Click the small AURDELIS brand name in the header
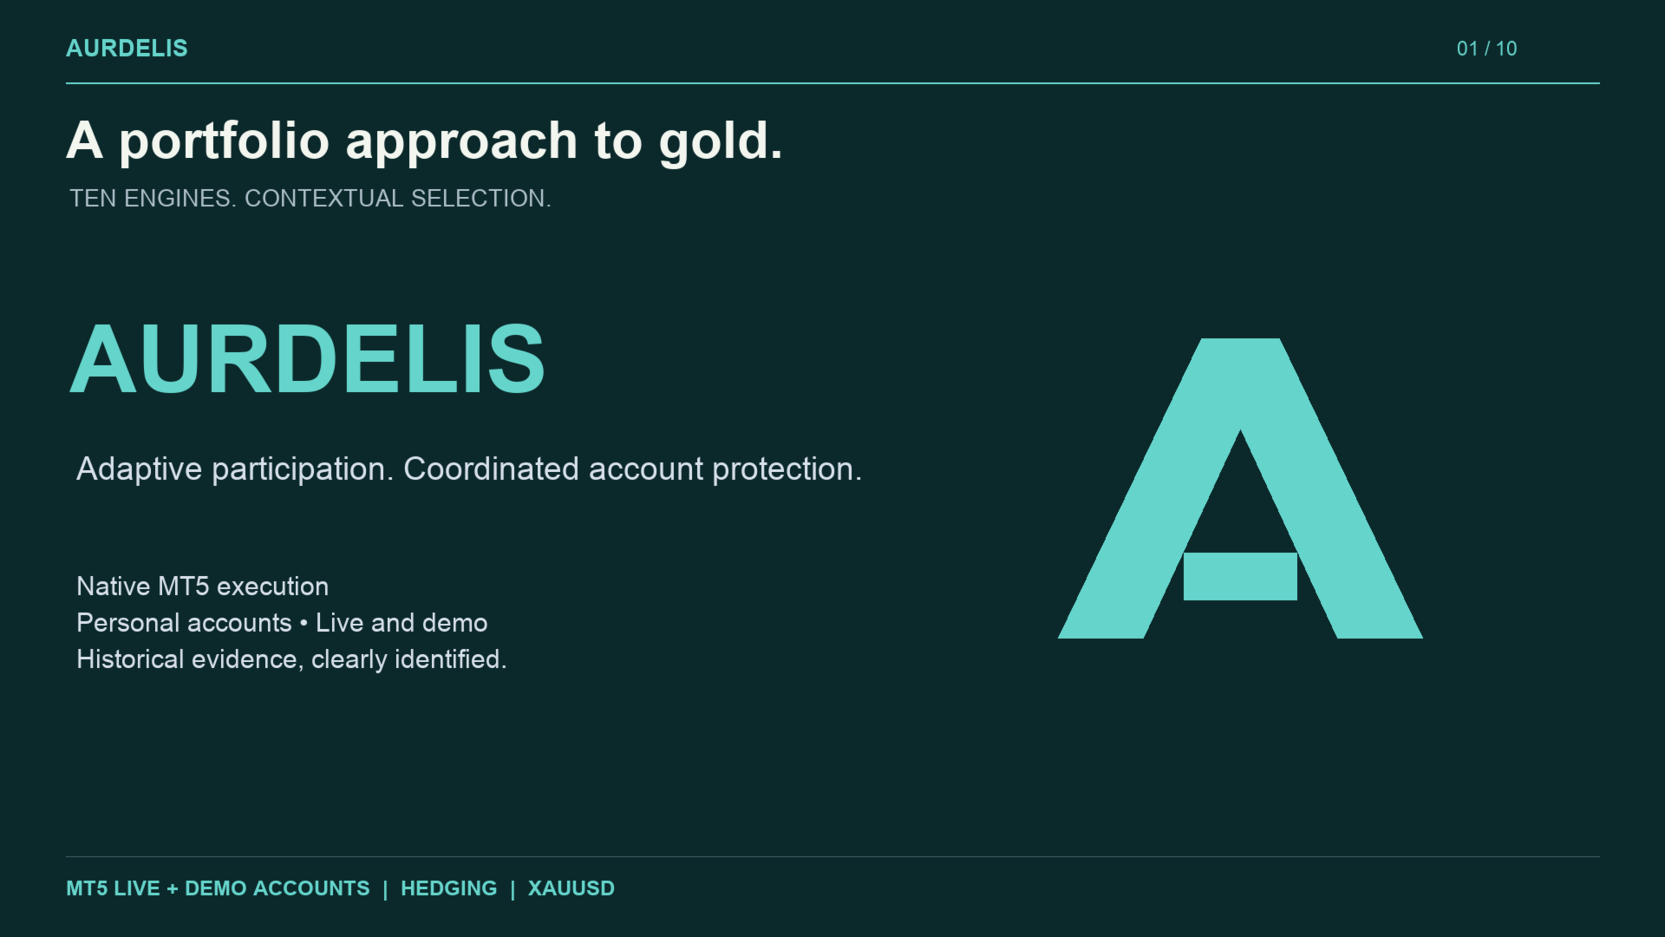tap(127, 49)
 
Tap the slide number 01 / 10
tap(1486, 49)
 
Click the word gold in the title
tap(720, 142)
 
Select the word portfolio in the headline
tap(224, 141)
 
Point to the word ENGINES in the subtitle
tap(177, 199)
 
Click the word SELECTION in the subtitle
tap(480, 199)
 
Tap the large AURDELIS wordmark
tap(307, 359)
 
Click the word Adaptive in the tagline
tap(139, 469)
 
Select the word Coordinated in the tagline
tap(491, 469)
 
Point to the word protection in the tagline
tap(787, 470)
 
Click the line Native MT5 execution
tap(203, 586)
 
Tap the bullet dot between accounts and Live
tap(304, 623)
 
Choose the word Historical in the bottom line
tap(130, 659)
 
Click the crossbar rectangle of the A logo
tap(1240, 576)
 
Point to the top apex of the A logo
tap(1240, 339)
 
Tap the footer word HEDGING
tap(449, 888)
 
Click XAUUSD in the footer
tap(571, 888)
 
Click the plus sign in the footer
tap(173, 888)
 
